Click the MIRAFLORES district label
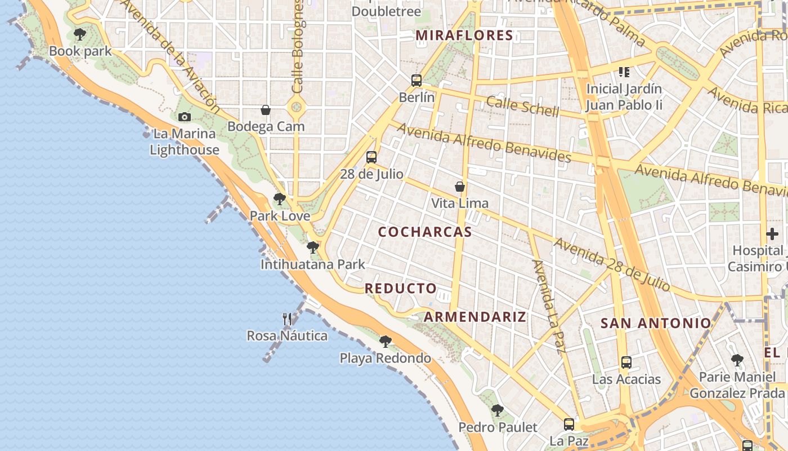click(464, 36)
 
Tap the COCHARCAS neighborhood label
click(425, 232)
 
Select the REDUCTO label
click(401, 289)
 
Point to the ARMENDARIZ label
click(475, 317)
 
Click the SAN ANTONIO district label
click(656, 323)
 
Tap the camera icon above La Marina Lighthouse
click(184, 117)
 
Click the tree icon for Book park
click(80, 34)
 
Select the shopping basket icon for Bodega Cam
click(266, 110)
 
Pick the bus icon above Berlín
click(417, 81)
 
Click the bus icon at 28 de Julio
click(371, 157)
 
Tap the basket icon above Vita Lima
click(460, 187)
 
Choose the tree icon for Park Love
click(279, 199)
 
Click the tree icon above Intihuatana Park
click(313, 247)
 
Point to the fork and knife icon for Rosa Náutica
click(287, 319)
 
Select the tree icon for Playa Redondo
click(386, 341)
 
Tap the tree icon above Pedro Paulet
click(497, 410)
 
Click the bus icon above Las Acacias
click(626, 362)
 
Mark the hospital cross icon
click(772, 233)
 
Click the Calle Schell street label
click(523, 106)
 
